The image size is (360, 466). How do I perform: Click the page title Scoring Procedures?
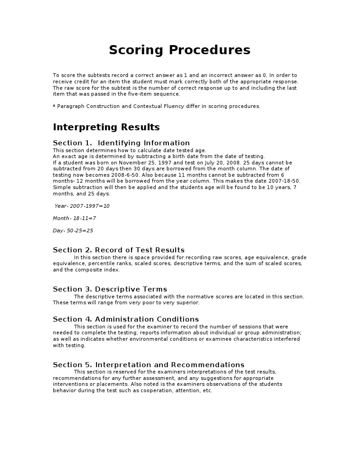pyautogui.click(x=179, y=50)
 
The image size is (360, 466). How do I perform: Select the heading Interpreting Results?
pyautogui.click(x=106, y=127)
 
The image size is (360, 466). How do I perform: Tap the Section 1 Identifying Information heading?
pyautogui.click(x=121, y=143)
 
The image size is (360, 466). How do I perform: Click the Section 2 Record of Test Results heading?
pyautogui.click(x=118, y=250)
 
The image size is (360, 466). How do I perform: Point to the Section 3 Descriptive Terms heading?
pyautogui.click(x=110, y=289)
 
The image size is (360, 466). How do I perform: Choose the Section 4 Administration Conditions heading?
pyautogui.click(x=126, y=319)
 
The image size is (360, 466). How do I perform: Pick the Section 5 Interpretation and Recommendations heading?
pyautogui.click(x=148, y=365)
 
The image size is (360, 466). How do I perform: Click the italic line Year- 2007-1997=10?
pyautogui.click(x=82, y=206)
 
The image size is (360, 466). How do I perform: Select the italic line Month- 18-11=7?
pyautogui.click(x=74, y=218)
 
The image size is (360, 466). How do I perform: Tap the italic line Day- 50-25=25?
pyautogui.click(x=73, y=230)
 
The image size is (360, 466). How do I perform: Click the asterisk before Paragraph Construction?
pyautogui.click(x=54, y=106)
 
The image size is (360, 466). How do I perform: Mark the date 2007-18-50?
pyautogui.click(x=284, y=181)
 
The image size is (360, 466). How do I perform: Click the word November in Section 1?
pyautogui.click(x=129, y=163)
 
